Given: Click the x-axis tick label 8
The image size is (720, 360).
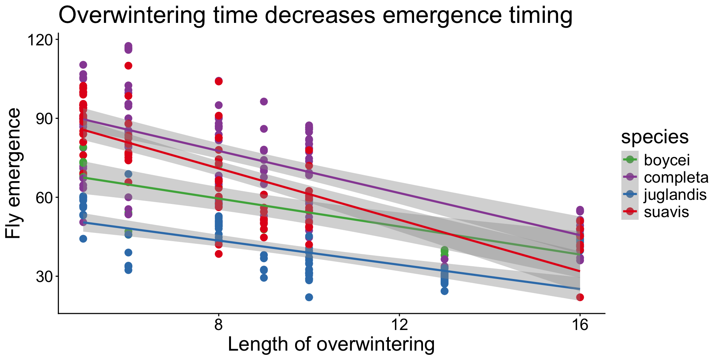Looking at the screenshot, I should (219, 325).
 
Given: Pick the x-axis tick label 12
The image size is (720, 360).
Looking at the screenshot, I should (399, 325).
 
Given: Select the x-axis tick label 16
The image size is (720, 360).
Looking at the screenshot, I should (580, 325).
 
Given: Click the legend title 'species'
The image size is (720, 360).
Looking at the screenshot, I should (655, 137).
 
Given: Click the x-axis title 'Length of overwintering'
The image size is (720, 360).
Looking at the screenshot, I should (331, 344).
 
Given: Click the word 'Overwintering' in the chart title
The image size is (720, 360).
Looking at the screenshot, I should (132, 16).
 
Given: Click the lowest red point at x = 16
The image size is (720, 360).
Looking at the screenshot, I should (580, 297).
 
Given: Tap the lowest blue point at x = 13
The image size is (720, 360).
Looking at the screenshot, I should (444, 291).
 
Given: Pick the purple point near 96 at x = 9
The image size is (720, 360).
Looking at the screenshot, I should (264, 102).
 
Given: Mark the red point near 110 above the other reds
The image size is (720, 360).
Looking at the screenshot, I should (128, 66).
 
